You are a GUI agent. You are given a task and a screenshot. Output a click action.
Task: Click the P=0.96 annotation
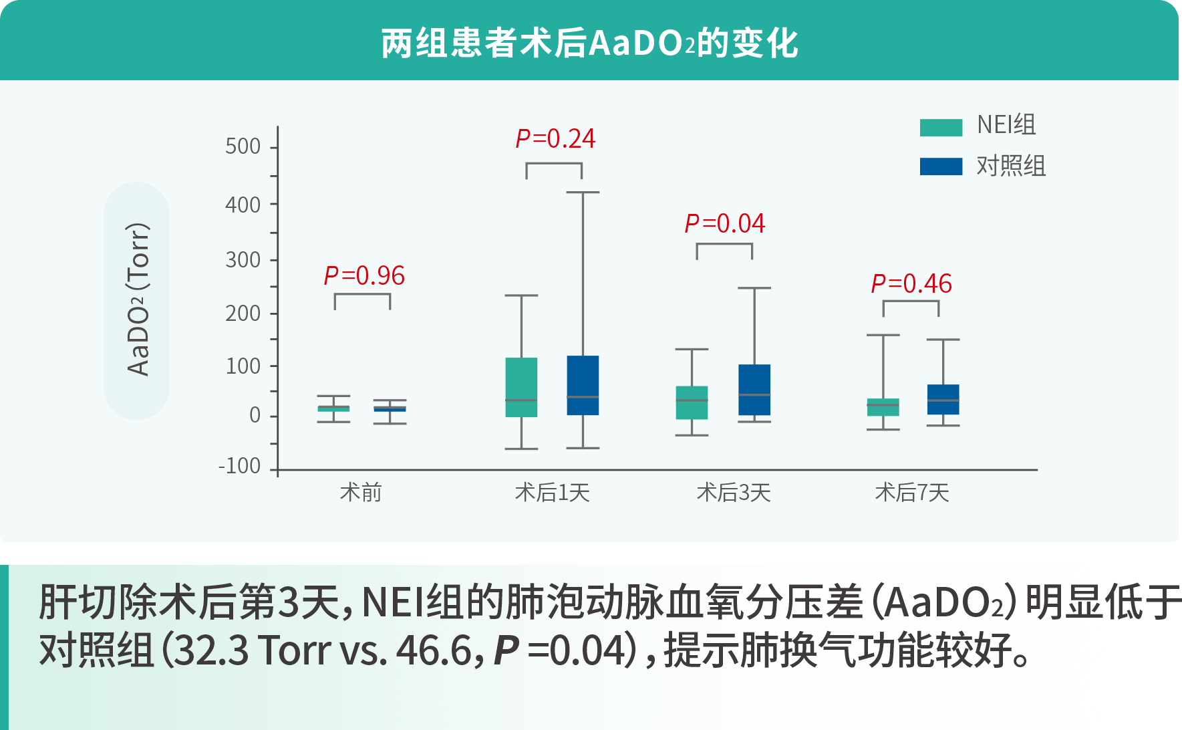coord(364,275)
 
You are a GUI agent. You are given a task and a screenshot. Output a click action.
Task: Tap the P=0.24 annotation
coord(555,138)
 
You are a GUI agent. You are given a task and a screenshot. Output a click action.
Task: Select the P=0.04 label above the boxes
coord(724,223)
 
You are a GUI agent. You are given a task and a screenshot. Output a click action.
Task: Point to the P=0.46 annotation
coord(911,283)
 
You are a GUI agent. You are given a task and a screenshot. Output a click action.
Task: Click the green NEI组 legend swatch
coord(941,127)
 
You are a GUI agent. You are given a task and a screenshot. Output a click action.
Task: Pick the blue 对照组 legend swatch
coord(941,166)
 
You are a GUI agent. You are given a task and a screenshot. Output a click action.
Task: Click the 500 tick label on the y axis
coord(243,146)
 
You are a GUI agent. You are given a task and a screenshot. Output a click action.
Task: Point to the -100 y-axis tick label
coord(240,466)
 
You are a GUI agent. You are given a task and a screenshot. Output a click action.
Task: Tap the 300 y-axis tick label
coord(243,259)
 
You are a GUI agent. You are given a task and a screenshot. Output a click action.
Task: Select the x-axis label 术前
coord(361,493)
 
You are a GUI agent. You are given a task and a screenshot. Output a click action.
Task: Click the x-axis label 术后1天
coord(553,493)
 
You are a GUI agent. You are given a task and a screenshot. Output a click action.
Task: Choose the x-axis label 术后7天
coord(912,493)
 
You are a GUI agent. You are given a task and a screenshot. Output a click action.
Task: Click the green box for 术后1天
coord(521,387)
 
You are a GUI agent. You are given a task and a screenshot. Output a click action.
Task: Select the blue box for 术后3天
coord(754,389)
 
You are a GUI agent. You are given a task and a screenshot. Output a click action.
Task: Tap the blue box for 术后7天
coord(943,399)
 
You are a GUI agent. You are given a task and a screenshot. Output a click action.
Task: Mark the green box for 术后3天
coord(692,402)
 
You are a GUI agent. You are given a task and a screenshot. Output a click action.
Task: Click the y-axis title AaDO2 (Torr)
coord(138,299)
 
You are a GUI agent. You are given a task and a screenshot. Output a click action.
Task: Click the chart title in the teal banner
coord(589,43)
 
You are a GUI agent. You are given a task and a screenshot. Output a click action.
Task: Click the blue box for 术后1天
coord(583,385)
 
